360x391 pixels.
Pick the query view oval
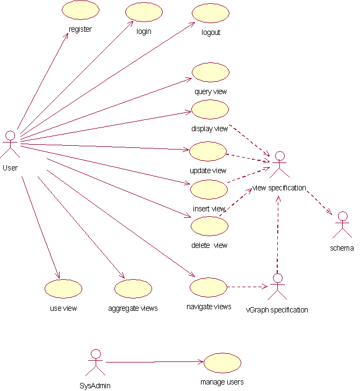click(211, 73)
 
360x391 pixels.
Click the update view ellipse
click(208, 152)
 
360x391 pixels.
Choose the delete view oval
click(210, 226)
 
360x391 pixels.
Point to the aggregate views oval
click(133, 288)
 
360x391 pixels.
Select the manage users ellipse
click(222, 363)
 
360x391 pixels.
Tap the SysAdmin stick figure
click(96, 362)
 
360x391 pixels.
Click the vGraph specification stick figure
click(277, 287)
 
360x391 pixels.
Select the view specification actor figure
click(278, 165)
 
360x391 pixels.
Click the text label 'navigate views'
click(208, 307)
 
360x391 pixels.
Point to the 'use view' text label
click(63, 308)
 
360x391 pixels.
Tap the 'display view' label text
click(210, 129)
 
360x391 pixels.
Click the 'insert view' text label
click(209, 209)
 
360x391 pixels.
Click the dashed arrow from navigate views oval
click(248, 287)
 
